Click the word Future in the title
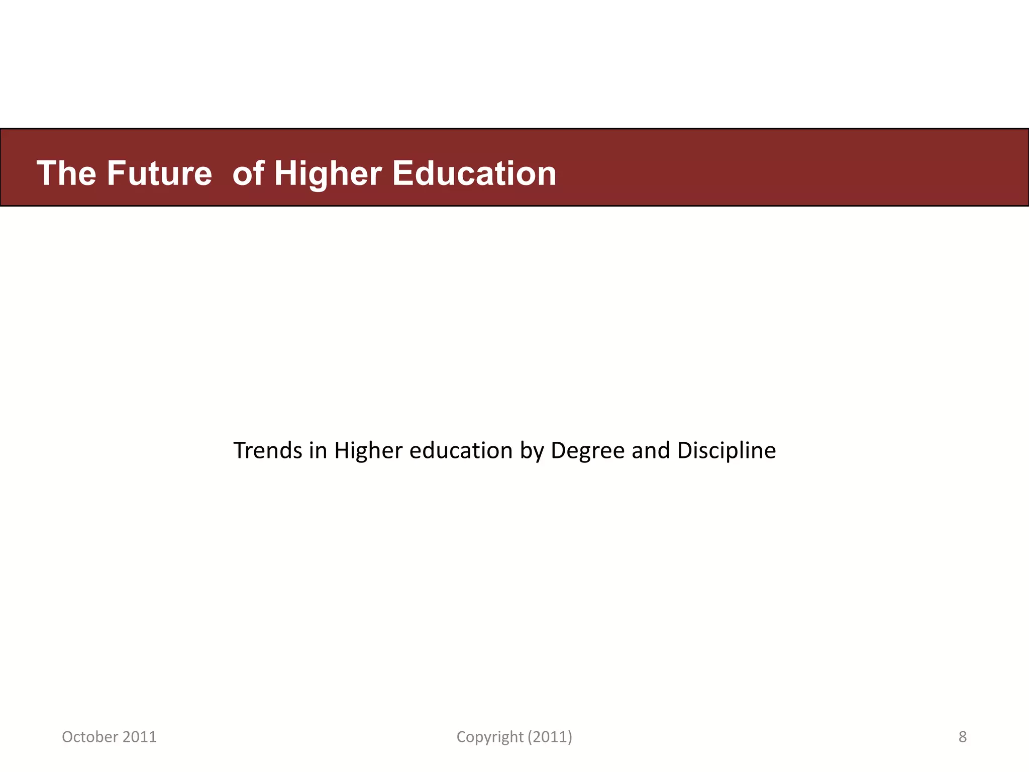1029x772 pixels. (x=159, y=174)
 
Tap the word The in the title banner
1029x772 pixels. (x=66, y=174)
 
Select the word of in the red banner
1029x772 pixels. (x=248, y=174)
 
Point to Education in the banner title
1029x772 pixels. (x=474, y=174)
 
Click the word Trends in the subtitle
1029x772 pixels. (x=268, y=450)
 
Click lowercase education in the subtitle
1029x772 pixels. (x=461, y=450)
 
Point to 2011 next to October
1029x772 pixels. (x=140, y=737)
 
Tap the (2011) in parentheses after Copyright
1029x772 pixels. (x=550, y=737)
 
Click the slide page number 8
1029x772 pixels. (x=962, y=737)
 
